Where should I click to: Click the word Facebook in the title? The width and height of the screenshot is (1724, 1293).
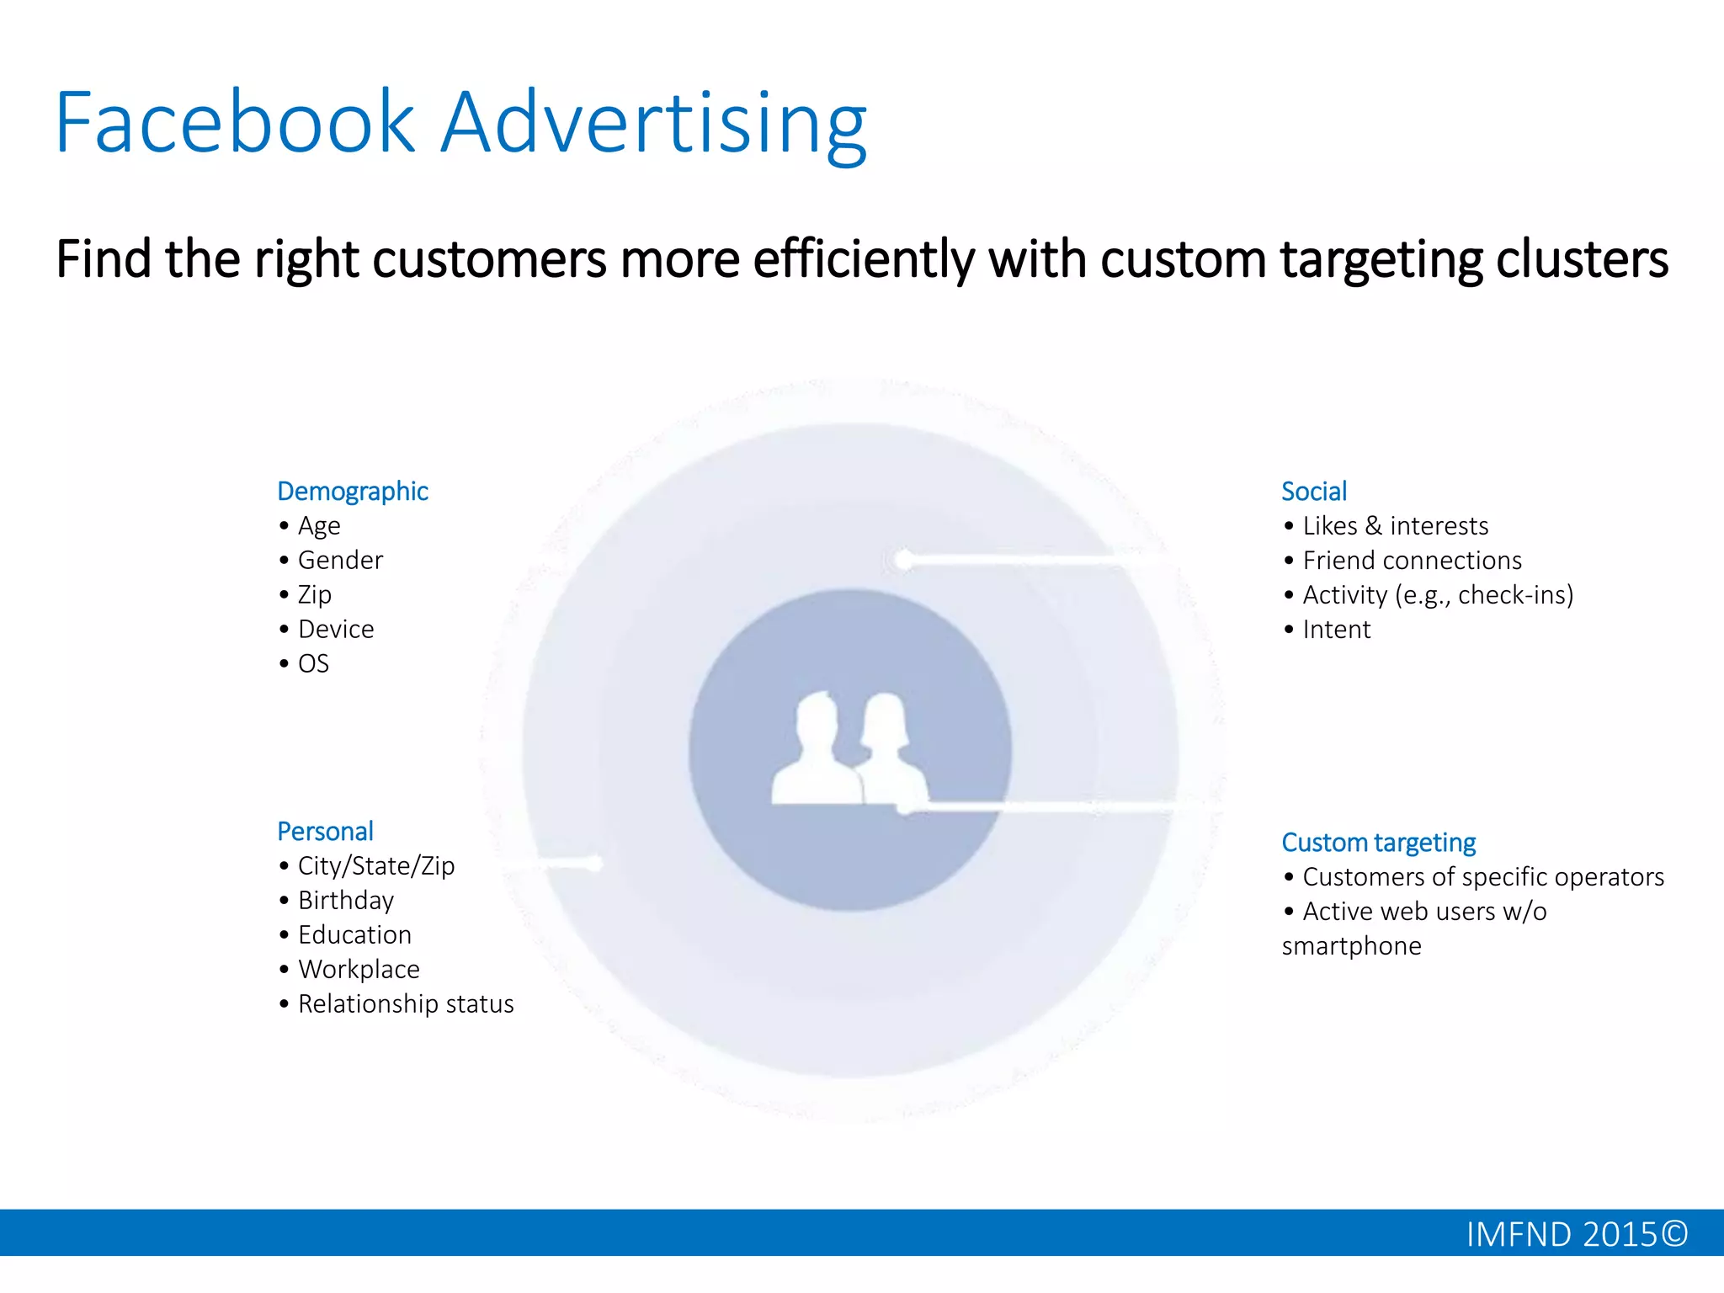[x=236, y=123]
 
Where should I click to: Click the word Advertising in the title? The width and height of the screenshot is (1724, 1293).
[x=653, y=123]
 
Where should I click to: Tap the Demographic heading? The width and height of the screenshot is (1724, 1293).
[x=353, y=492]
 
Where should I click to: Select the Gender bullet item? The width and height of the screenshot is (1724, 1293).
[x=340, y=561]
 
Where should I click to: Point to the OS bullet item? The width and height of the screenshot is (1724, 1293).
[x=313, y=664]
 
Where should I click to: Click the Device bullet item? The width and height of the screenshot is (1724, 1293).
[x=336, y=630]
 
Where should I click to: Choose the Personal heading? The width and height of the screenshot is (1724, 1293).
[x=325, y=832]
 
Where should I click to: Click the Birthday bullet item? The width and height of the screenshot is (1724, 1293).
[x=346, y=901]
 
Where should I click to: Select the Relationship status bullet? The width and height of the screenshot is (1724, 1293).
[x=405, y=1004]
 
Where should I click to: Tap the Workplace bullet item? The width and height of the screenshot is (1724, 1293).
[x=359, y=970]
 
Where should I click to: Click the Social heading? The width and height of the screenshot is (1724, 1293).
[x=1313, y=492]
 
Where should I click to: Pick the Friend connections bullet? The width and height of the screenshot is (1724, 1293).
[x=1412, y=561]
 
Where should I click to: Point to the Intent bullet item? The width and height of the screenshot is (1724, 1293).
[x=1336, y=630]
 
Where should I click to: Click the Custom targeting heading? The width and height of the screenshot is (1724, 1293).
[x=1378, y=843]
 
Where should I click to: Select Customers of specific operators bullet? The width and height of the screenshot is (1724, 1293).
[x=1482, y=877]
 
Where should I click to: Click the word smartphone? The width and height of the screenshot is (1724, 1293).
[x=1351, y=946]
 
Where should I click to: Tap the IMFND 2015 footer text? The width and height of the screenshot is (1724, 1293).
[x=1576, y=1235]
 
